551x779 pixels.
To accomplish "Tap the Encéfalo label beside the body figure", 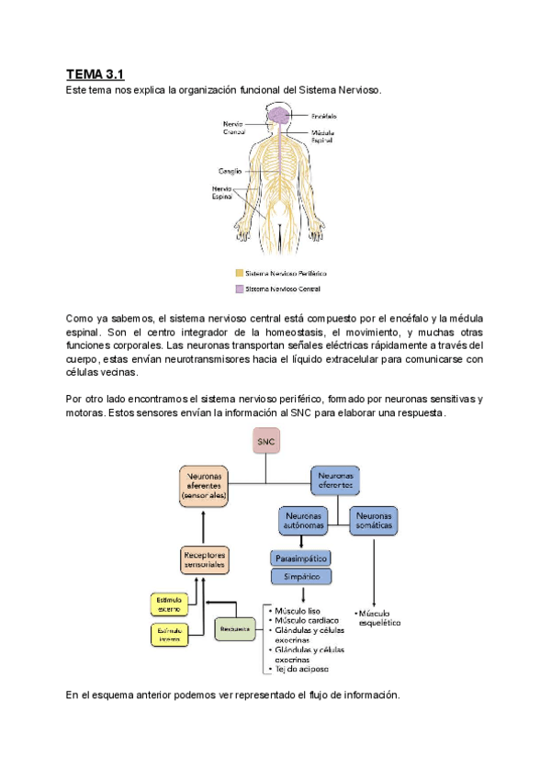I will tap(323, 117).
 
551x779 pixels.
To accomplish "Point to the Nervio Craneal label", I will tap(234, 128).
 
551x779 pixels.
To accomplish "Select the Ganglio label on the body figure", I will tap(230, 170).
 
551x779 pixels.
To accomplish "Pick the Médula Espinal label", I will tap(327, 137).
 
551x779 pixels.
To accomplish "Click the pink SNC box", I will tap(265, 443).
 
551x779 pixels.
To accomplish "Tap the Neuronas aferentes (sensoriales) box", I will tap(203, 484).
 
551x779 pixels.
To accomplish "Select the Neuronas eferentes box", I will tap(334, 480).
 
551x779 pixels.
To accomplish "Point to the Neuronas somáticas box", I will tap(374, 521).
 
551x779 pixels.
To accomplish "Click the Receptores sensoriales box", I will tap(203, 560).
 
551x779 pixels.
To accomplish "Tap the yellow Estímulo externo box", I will tap(168, 604).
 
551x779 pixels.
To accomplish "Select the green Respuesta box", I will tap(234, 629).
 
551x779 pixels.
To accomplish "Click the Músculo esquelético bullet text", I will tap(378, 616).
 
